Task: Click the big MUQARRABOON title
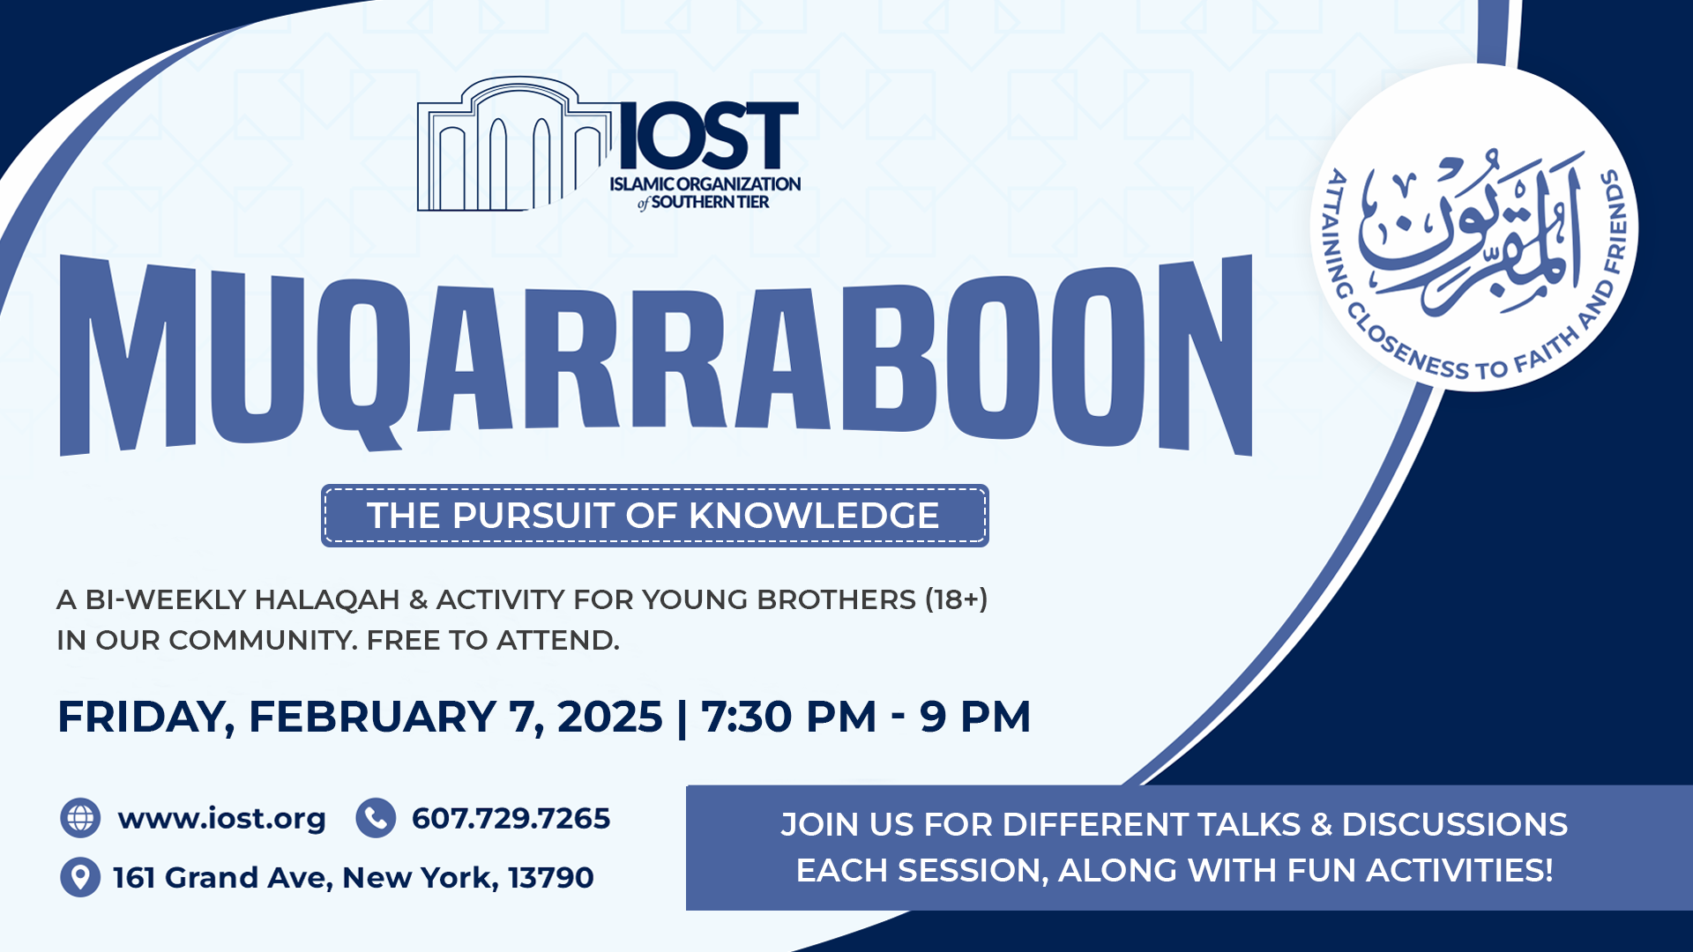point(656,354)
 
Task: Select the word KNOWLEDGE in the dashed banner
point(813,516)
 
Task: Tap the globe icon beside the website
point(80,818)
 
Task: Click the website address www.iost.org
point(222,819)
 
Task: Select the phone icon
point(376,818)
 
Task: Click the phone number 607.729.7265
point(511,818)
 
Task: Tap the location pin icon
point(80,877)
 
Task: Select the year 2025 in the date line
point(610,716)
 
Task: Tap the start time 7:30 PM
point(788,716)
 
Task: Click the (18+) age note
point(957,599)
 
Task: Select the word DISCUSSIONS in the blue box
point(1455,824)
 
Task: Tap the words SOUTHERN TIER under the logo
point(710,202)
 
